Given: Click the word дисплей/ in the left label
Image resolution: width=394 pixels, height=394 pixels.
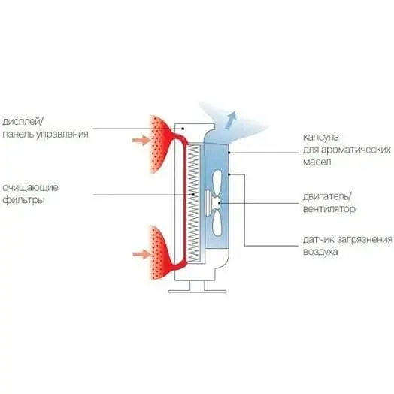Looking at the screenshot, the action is (23, 122).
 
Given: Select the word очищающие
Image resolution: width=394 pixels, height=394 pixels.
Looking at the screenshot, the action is (30, 188).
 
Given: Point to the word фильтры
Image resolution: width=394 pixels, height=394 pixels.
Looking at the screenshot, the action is (23, 201).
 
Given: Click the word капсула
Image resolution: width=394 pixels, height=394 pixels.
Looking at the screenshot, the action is (321, 138).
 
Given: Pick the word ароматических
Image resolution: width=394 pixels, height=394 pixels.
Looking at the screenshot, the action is (356, 150).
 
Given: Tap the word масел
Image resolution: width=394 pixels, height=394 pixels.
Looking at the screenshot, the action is (317, 162).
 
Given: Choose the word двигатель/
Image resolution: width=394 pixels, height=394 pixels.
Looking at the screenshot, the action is (327, 196).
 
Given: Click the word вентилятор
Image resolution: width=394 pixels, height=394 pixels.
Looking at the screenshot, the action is (329, 209).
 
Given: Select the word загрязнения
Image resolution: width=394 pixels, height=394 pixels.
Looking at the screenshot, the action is (365, 239).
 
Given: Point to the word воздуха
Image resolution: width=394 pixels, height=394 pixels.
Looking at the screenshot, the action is (320, 252).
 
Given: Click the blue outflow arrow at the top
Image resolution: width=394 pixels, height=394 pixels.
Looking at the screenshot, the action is (231, 120).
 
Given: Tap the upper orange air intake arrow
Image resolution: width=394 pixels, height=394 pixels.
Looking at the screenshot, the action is (141, 140).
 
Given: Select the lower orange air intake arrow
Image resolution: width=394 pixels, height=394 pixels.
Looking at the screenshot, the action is (141, 254).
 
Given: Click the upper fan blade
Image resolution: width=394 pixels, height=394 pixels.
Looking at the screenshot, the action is (217, 183).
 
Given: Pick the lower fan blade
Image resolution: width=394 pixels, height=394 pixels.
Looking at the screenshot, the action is (217, 223).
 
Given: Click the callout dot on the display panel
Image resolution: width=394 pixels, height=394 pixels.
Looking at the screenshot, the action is (183, 129).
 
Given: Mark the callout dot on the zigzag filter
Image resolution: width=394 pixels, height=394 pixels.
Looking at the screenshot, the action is (193, 195).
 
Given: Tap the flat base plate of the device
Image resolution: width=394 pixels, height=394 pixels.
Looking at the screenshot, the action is (197, 292).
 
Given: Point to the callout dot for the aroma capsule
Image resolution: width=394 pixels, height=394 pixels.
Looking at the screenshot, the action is (229, 153).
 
